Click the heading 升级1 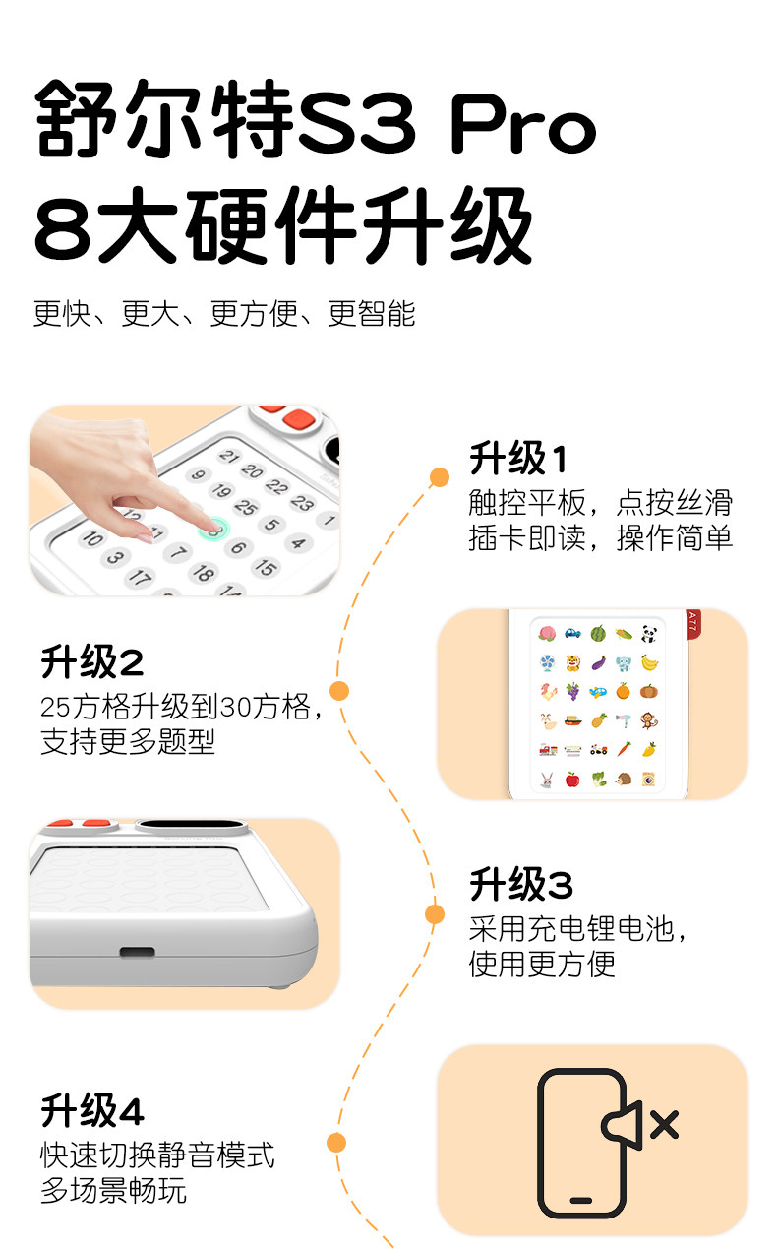pos(518,459)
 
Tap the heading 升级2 pos(92,661)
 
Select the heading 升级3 pos(521,884)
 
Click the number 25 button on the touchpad pos(246,507)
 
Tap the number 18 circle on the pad pos(203,573)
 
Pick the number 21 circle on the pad pos(229,456)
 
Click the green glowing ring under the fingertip pos(212,530)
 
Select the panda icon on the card pos(648,634)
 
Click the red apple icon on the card pos(572,779)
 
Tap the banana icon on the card pos(649,662)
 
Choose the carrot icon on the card pos(624,749)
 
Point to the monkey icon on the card pos(648,720)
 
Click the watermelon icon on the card pos(598,634)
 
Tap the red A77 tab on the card pos(692,623)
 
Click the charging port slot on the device pos(137,951)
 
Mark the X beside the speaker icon pos(665,1124)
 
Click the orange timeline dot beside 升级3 pos(435,914)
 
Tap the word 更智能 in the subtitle pos(371,313)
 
